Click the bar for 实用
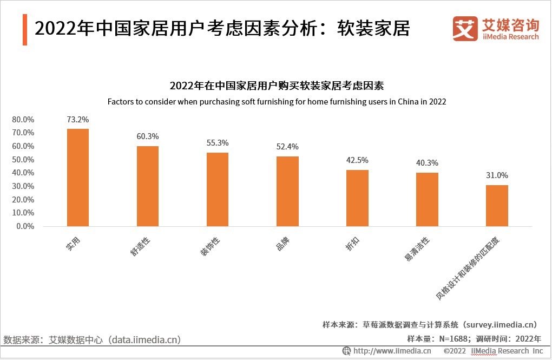[x=77, y=178]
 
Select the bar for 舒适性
[x=147, y=186]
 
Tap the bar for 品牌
[x=287, y=191]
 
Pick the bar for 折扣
[x=357, y=198]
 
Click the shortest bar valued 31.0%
[x=497, y=206]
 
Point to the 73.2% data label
[x=77, y=120]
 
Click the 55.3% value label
[x=218, y=143]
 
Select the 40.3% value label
[x=427, y=163]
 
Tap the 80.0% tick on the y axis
[x=23, y=120]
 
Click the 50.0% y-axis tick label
[x=23, y=160]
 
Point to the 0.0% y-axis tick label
[x=25, y=226]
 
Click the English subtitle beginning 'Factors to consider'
[x=277, y=102]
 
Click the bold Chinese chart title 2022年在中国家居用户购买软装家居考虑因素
[x=277, y=86]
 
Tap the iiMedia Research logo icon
[x=465, y=29]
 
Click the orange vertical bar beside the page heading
[x=25, y=29]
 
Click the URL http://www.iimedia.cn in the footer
[x=392, y=351]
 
